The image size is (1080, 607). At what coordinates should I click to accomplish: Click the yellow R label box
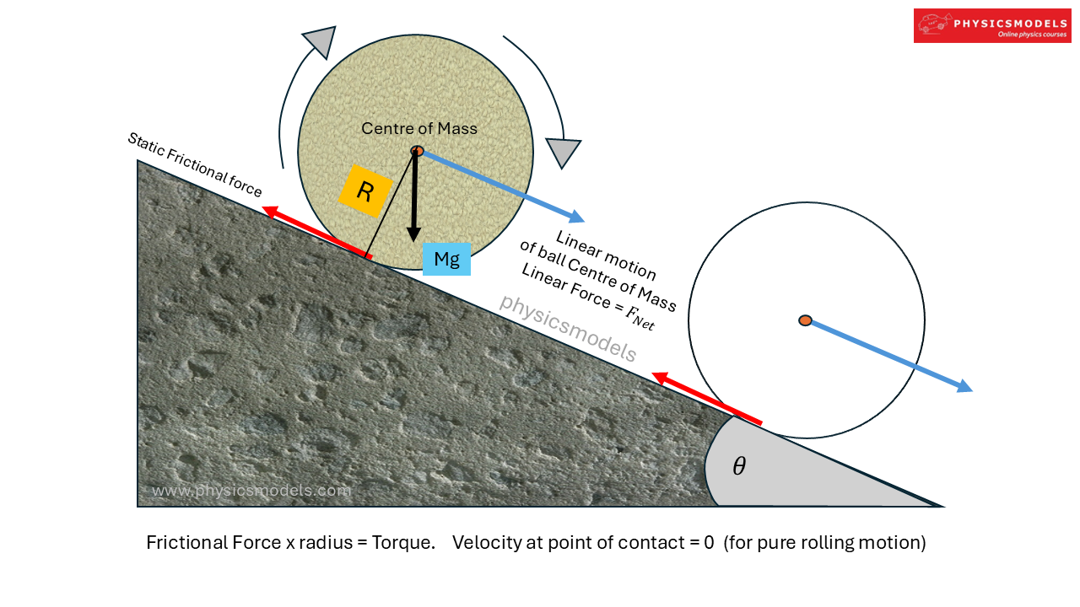(364, 192)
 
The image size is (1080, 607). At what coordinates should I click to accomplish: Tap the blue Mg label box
(446, 259)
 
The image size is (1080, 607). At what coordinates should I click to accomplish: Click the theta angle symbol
(739, 466)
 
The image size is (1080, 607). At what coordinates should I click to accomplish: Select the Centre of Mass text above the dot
(419, 128)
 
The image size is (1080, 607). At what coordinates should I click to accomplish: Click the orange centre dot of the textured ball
(417, 151)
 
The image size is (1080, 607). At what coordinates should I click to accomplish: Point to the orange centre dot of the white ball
(806, 320)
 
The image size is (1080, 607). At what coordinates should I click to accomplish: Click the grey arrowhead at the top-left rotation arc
(320, 40)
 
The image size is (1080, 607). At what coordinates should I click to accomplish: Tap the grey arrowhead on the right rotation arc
(563, 152)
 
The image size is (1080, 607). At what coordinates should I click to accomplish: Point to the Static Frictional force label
(194, 165)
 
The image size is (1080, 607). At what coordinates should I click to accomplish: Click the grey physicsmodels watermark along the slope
(567, 328)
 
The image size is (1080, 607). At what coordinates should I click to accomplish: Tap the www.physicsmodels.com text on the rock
(251, 491)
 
